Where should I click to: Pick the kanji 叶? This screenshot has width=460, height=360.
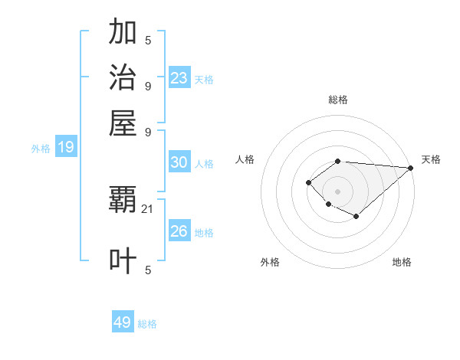(123, 260)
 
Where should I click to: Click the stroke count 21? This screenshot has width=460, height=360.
(148, 208)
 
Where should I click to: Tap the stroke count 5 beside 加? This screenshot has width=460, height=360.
(148, 40)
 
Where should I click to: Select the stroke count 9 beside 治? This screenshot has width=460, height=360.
(148, 85)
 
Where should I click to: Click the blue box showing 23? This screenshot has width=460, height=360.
(179, 78)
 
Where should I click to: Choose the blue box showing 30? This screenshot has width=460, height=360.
(179, 162)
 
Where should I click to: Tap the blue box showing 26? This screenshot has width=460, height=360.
(179, 231)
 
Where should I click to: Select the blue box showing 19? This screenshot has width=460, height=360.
(66, 148)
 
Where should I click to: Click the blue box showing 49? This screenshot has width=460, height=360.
(123, 322)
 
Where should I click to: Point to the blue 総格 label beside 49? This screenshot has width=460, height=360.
(148, 324)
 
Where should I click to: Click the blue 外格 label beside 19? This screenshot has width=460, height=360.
(41, 149)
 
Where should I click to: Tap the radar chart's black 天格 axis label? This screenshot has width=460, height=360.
(431, 159)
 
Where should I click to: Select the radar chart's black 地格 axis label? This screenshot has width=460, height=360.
(402, 262)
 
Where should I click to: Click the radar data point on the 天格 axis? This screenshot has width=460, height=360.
(411, 168)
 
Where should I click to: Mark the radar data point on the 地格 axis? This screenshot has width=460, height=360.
(356, 216)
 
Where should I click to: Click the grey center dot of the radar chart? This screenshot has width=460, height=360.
(337, 191)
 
